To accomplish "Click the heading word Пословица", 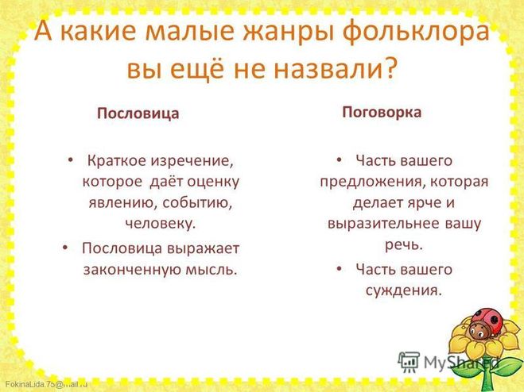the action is (x=138, y=113).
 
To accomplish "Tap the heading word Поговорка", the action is (x=382, y=113).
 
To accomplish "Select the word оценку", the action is (x=213, y=183).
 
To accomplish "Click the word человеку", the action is (x=161, y=224).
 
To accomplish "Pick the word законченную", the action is (x=131, y=269).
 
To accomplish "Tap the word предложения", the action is (x=372, y=183).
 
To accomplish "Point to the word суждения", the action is (x=404, y=290).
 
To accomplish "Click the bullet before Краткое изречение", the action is (x=70, y=160).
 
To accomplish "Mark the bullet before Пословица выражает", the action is (x=65, y=248).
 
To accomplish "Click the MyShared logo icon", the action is (x=409, y=361).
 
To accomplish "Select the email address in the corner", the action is (x=46, y=383).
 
